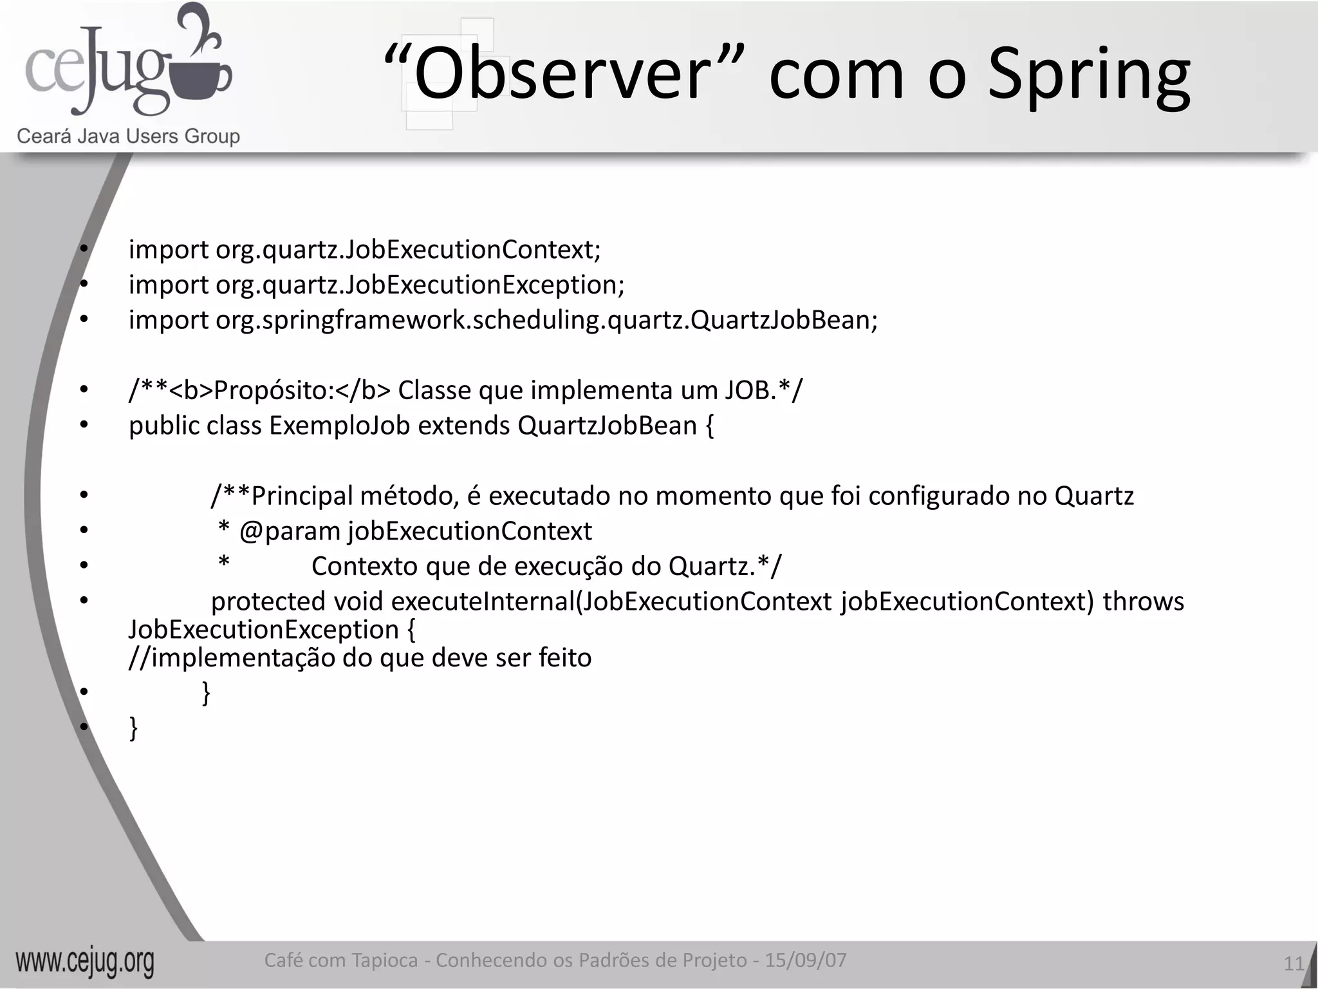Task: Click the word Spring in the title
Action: [1089, 76]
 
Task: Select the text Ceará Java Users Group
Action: [128, 137]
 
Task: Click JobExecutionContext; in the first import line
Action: [473, 250]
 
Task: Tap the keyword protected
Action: [268, 602]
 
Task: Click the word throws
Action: [1143, 602]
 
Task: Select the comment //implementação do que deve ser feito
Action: [360, 658]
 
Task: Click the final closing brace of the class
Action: [134, 728]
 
